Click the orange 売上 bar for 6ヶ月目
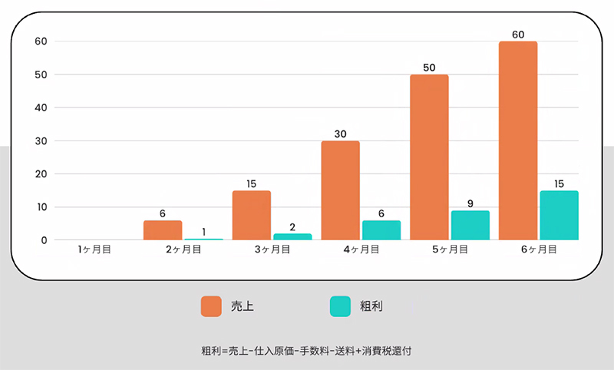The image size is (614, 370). point(518,140)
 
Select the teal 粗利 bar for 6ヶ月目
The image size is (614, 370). point(559,216)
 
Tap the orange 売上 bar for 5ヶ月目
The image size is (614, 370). point(429,157)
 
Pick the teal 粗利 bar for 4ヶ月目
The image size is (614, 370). point(381,230)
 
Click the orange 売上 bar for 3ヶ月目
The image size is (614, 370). point(252,216)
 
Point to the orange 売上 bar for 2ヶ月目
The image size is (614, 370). point(163,230)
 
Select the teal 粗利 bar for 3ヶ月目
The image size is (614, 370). point(292,236)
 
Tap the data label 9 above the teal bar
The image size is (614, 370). point(470,204)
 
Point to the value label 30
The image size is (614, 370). point(341,134)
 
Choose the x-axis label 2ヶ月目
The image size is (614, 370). point(183,249)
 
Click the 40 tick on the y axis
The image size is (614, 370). point(40,107)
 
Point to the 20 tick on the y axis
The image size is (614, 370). point(40,174)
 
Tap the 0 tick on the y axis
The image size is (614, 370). point(43,240)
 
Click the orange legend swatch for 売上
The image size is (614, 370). point(211,306)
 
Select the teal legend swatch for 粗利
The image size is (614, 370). point(340,306)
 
